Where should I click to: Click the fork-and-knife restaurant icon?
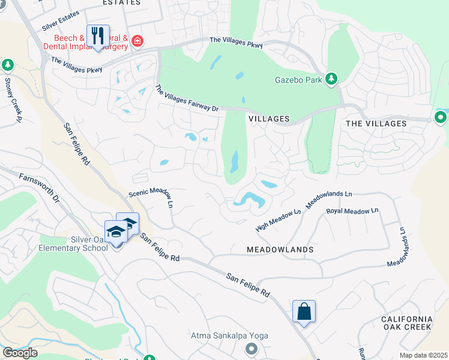pos(98,35)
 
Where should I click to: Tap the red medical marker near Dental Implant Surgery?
pos(137,41)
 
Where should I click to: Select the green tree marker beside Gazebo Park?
pos(331,79)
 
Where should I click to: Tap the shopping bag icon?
pos(304,312)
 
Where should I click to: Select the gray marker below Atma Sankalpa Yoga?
pos(251,349)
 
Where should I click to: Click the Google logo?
pos(20,352)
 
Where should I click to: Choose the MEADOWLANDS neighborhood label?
pos(280,249)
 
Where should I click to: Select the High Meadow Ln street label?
pos(278,220)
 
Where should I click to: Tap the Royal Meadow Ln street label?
pos(352,211)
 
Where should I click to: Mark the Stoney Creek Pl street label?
pos(13,100)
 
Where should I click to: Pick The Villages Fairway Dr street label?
pos(187,99)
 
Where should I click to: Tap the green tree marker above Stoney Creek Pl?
pos(7,64)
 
